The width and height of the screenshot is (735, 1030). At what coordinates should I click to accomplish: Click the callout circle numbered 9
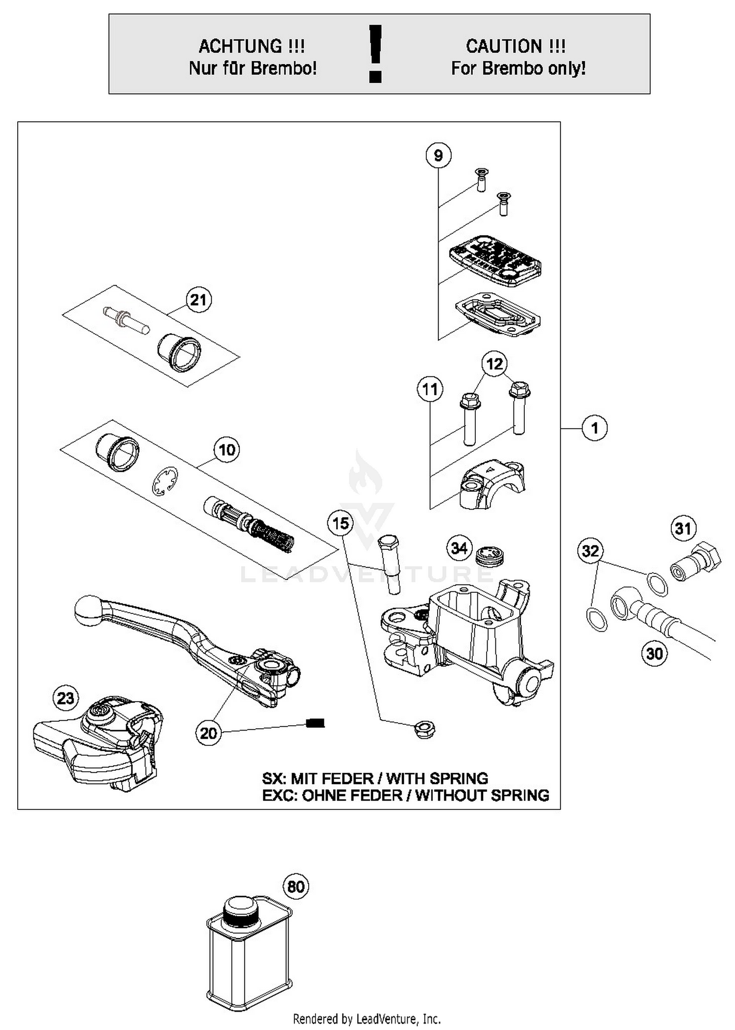(438, 155)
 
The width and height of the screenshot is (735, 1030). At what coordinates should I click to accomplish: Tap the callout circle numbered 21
(198, 300)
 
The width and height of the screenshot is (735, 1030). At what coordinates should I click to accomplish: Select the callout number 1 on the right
(594, 428)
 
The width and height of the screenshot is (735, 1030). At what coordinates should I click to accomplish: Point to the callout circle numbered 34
(459, 547)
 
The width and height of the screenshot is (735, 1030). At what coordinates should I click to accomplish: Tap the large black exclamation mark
(375, 53)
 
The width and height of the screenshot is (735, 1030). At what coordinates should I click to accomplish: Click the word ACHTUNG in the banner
(240, 47)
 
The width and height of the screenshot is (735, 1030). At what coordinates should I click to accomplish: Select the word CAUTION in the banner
(503, 47)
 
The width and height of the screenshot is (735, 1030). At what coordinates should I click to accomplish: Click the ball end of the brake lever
(88, 610)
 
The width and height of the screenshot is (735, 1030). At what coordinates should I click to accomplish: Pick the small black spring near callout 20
(315, 723)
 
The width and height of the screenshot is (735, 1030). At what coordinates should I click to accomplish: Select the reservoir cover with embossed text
(495, 260)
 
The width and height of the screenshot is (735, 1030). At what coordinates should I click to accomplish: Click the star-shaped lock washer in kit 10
(165, 481)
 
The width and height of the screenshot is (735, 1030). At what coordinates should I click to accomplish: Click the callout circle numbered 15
(341, 523)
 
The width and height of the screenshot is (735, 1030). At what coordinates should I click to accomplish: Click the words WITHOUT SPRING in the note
(482, 795)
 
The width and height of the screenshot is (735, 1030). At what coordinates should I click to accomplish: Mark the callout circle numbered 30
(654, 653)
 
